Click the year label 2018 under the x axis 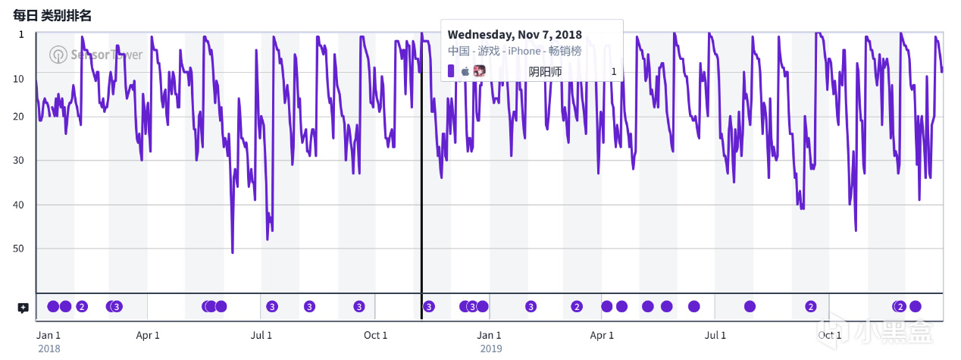pos(49,349)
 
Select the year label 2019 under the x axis pos(490,349)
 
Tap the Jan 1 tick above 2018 pos(49,335)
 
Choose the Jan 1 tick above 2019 pos(489,335)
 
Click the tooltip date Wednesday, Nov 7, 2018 pos(515,35)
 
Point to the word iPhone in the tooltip pos(524,51)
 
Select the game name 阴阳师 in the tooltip pos(545,71)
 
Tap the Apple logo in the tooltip pos(465,71)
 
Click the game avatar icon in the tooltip pos(479,71)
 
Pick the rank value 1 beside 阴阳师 pos(614,71)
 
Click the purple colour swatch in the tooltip pos(451,71)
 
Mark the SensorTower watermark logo pos(58,55)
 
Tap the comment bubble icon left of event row pos(23,308)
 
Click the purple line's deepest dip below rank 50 pos(233,252)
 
